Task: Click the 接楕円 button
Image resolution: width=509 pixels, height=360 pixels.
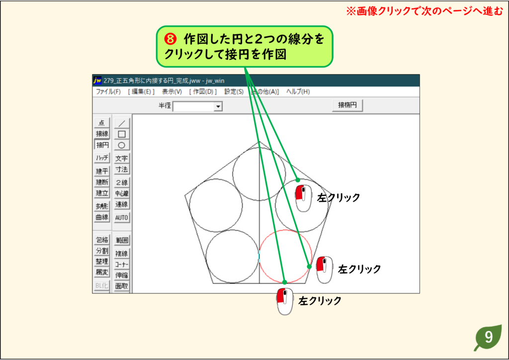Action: coord(347,105)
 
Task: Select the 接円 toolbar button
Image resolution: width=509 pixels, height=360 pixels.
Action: coord(102,145)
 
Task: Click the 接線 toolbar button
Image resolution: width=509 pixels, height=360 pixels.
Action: coord(102,133)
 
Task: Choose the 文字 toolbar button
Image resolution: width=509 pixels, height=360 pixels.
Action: coord(122,158)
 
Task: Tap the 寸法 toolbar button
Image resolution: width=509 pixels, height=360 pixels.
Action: coord(122,169)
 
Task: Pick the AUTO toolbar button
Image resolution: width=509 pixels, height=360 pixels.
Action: coord(122,217)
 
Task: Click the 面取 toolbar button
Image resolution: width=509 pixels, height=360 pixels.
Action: coord(122,286)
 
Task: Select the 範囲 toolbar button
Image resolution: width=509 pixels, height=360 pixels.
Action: coord(122,240)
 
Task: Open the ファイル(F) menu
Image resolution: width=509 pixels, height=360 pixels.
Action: coord(108,91)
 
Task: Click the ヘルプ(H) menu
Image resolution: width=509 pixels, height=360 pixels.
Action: coord(298,91)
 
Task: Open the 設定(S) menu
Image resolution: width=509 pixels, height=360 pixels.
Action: coord(234,91)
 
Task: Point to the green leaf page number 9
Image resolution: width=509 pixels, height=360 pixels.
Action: coord(488,338)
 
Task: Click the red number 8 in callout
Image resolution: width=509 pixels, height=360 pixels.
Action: coord(170,39)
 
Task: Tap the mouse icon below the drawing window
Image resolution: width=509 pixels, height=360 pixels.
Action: coord(285,301)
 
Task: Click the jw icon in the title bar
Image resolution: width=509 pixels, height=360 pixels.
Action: coord(97,80)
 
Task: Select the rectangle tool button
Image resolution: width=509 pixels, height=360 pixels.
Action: coord(122,134)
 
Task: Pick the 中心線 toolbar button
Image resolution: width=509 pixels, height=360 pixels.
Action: coord(122,193)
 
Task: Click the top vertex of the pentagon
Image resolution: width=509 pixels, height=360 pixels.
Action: coord(259,142)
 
